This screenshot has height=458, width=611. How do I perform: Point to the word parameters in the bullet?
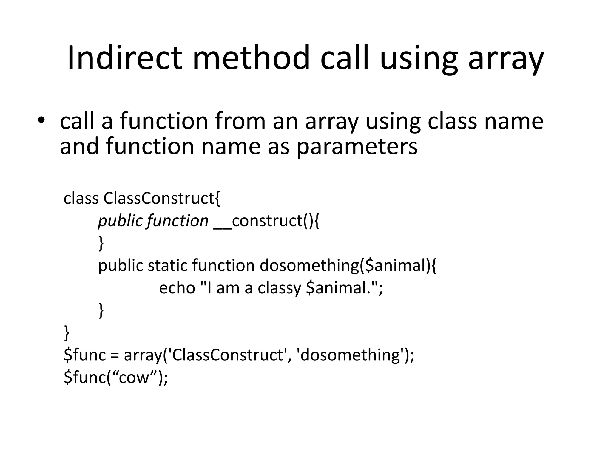coord(357,147)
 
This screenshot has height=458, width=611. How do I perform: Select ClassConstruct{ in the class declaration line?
coord(162,198)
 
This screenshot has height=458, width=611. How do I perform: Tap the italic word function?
coord(178,221)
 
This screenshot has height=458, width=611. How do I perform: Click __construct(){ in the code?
coord(266,221)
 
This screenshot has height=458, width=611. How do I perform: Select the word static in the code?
coord(167,265)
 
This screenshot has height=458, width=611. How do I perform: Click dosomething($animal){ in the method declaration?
coord(348,265)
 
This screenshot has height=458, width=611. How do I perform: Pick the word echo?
coord(177,288)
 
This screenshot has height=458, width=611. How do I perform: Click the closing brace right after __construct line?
coord(101,243)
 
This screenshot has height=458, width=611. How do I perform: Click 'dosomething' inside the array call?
coord(350,355)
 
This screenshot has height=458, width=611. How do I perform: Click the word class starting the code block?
coord(81,198)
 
